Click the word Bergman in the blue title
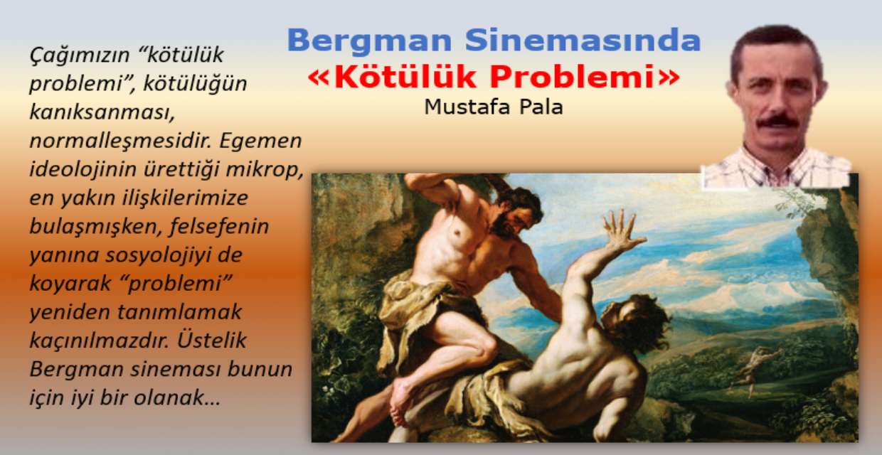pyautogui.click(x=369, y=41)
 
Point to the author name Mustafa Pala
pyautogui.click(x=494, y=107)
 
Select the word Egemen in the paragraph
pyautogui.click(x=260, y=141)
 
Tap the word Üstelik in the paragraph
pyautogui.click(x=212, y=341)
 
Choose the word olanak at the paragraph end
pyautogui.click(x=176, y=397)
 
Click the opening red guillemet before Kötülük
pyautogui.click(x=319, y=77)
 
